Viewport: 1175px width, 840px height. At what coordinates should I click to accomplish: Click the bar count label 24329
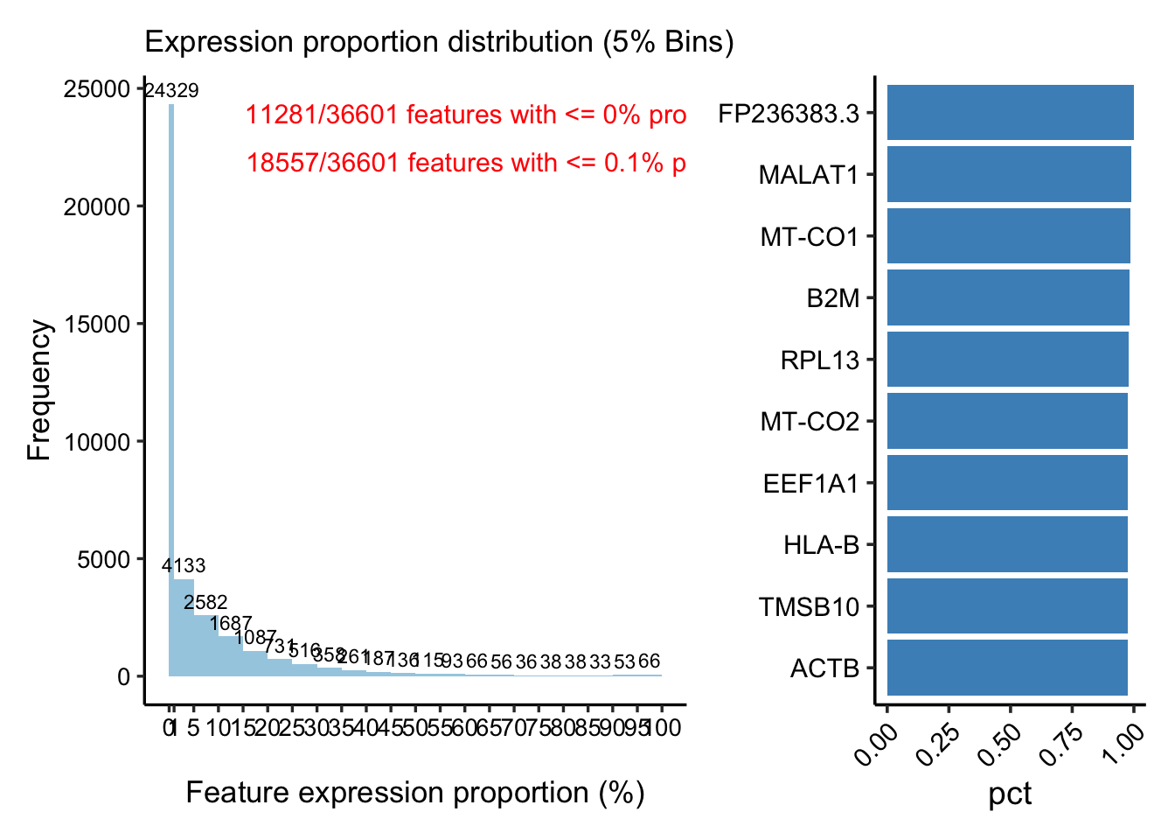(x=171, y=91)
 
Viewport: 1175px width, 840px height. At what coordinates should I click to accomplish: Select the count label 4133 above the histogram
(x=184, y=566)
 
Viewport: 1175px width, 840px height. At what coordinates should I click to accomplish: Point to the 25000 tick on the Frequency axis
(x=97, y=89)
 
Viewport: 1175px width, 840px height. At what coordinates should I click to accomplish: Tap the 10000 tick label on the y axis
(x=97, y=442)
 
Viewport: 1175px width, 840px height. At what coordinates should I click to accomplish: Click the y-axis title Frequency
(x=39, y=389)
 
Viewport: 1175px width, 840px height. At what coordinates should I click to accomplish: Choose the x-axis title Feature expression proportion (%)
(x=415, y=793)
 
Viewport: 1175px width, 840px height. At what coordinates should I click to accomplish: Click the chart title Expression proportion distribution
(x=439, y=42)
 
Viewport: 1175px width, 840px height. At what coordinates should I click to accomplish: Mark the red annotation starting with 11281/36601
(x=465, y=115)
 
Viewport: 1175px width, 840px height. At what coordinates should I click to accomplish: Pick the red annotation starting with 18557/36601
(x=465, y=163)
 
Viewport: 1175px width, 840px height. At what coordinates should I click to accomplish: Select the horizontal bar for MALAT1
(x=1009, y=175)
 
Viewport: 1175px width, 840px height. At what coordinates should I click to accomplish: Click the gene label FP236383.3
(x=789, y=114)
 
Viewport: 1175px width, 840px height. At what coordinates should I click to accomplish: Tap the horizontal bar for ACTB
(x=1007, y=668)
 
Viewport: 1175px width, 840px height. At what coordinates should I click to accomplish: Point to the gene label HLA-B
(x=822, y=546)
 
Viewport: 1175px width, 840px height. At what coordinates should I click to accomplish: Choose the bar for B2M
(x=1008, y=297)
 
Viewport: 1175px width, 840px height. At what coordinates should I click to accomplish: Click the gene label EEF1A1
(x=811, y=484)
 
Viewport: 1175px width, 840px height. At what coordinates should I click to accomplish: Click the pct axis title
(x=1010, y=794)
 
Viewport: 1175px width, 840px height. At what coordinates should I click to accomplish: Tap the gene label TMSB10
(x=810, y=607)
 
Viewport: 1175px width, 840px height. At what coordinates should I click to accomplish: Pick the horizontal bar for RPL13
(x=1008, y=360)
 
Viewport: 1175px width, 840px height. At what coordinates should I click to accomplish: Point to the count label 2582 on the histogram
(x=206, y=603)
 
